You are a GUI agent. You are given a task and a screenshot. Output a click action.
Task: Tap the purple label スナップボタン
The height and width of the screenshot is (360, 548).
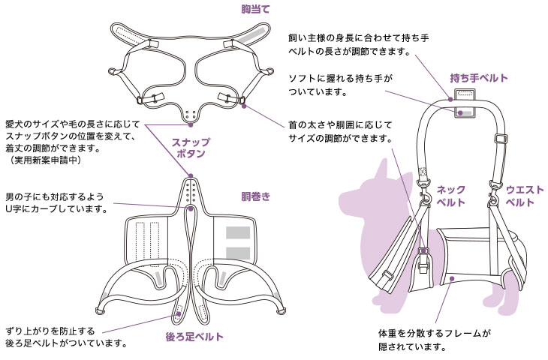[191, 148]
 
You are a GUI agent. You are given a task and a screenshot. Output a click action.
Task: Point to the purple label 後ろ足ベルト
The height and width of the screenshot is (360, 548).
[194, 337]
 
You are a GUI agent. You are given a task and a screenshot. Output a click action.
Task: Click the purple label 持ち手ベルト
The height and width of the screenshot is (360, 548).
[479, 78]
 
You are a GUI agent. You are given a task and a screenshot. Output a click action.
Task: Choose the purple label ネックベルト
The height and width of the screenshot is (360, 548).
[451, 196]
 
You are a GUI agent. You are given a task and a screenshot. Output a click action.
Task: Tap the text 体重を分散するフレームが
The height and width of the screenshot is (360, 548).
[434, 333]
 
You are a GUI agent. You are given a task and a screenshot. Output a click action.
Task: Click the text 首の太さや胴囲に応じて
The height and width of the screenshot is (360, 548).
[340, 124]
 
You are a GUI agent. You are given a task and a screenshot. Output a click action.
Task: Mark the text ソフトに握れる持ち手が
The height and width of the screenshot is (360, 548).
[340, 78]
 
